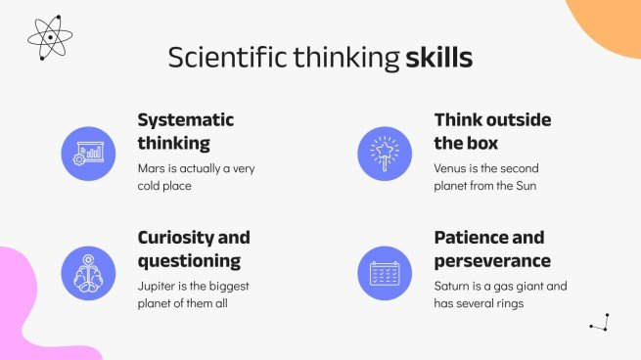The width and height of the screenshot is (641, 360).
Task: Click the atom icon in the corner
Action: coord(50,37)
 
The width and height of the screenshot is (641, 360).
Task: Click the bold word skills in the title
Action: coord(439,58)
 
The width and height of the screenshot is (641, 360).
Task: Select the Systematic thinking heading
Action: coord(186,131)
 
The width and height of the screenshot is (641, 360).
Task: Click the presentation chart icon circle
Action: coord(89,154)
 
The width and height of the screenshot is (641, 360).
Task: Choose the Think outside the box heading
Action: coord(492,131)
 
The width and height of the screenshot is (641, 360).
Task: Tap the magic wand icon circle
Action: coord(386,154)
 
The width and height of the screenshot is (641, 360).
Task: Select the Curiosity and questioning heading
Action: coord(194,248)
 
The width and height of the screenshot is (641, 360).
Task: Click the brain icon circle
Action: coord(89,271)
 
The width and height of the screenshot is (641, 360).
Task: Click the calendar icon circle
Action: coord(386,271)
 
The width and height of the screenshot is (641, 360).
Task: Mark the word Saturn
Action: coord(453,286)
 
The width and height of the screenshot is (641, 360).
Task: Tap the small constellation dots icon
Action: coord(600,323)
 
